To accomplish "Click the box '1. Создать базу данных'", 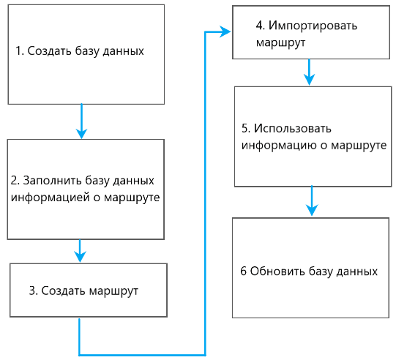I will (86, 53).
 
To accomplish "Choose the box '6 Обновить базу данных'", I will (310, 267).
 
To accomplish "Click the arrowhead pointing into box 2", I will (81, 133).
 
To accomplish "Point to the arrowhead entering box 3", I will (81, 256).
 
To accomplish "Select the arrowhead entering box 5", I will (309, 79).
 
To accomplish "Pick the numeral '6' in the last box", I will (243, 271).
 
